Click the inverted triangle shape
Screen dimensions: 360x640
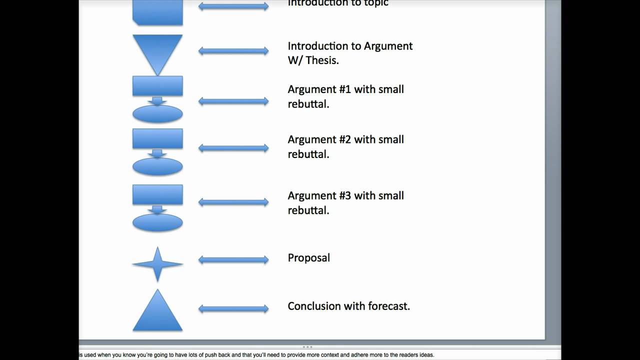(157, 50)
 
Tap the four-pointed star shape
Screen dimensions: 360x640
(157, 264)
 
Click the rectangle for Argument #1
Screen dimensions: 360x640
(157, 85)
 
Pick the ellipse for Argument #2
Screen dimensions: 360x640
(157, 166)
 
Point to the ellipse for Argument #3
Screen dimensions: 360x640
(157, 222)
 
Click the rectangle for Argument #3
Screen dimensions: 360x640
(157, 194)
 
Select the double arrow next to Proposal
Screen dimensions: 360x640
(233, 259)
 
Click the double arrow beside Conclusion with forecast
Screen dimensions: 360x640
(233, 309)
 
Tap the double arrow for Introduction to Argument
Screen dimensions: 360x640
(233, 51)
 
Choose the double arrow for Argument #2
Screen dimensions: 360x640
(233, 148)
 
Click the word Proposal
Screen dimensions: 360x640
(308, 258)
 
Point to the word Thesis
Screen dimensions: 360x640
(322, 60)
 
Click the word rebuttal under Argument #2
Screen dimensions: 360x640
(308, 154)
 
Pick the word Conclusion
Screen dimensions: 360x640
(313, 306)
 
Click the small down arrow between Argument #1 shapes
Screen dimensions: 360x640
(157, 100)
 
